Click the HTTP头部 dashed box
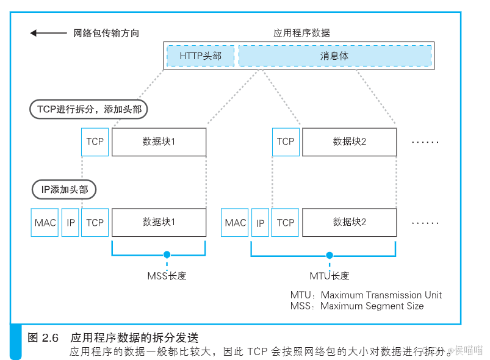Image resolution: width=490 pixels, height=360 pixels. [x=201, y=56]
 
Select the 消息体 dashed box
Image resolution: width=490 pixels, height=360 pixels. [x=334, y=56]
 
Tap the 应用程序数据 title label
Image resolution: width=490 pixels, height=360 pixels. [x=301, y=33]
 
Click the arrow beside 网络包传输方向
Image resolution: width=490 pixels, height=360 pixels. [x=49, y=33]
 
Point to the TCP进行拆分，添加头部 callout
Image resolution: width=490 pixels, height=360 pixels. [x=89, y=109]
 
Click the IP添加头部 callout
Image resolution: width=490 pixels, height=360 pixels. [x=65, y=190]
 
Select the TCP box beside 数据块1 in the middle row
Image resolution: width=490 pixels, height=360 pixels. [x=95, y=142]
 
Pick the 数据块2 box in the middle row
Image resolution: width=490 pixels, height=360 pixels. [x=349, y=142]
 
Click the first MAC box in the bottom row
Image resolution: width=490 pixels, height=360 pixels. [x=45, y=223]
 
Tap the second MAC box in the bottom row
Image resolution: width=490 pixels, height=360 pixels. [x=236, y=223]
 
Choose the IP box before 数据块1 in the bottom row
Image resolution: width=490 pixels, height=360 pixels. [x=71, y=223]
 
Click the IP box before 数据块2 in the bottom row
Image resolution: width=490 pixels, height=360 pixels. [x=261, y=223]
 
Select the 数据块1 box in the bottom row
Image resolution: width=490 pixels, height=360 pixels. [x=159, y=223]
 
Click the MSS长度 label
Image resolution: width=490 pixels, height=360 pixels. [x=167, y=276]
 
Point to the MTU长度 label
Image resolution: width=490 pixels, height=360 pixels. [x=329, y=276]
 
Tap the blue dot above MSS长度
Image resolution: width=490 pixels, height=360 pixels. [x=167, y=254]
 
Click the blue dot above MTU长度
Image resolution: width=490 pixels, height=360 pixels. [x=330, y=256]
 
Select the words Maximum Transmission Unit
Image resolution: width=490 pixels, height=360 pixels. [x=381, y=295]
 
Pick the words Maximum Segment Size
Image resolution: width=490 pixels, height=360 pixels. [x=372, y=306]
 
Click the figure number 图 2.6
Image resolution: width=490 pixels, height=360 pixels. [x=43, y=337]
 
